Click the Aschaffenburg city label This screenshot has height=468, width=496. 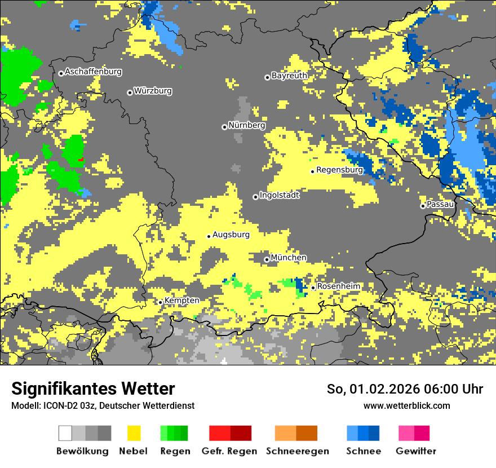click(x=93, y=72)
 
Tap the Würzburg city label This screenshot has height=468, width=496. click(x=153, y=91)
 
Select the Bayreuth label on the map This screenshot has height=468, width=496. click(x=289, y=76)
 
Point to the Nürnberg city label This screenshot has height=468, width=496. click(x=246, y=125)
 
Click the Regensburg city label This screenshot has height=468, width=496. click(x=339, y=170)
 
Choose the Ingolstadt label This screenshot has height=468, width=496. click(x=279, y=195)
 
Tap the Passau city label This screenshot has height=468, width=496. click(x=440, y=204)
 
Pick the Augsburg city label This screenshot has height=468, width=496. click(x=231, y=235)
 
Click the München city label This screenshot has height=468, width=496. click(x=289, y=258)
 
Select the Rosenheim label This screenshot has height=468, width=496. click(x=338, y=286)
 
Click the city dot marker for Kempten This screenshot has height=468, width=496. click(x=161, y=302)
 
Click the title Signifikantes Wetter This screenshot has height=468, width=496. click(x=93, y=389)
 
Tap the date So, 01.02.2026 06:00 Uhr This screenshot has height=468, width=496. click(x=405, y=389)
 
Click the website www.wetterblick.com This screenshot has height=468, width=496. click(x=406, y=405)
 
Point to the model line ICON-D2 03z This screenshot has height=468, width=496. click(x=103, y=405)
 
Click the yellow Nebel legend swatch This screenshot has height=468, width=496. click(x=133, y=433)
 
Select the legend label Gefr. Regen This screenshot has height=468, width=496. click(x=229, y=451)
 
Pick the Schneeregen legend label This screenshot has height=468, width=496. click(x=296, y=451)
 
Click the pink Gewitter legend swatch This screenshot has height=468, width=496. click(x=406, y=433)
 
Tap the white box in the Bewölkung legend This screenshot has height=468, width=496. click(x=65, y=433)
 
